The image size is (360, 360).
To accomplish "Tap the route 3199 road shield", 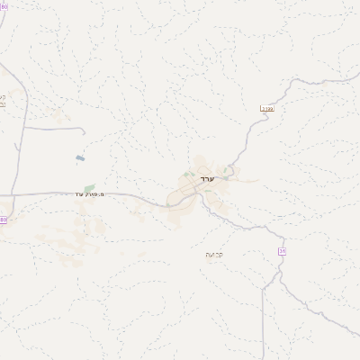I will point(267,109).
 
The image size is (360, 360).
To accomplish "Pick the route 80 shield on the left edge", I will point(3,219).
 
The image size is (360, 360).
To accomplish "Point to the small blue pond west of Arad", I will point(80,158).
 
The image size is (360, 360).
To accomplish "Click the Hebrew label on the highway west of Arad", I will point(89,193).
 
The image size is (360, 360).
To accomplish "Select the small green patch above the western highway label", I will point(90,186).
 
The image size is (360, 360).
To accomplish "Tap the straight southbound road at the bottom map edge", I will point(264,357).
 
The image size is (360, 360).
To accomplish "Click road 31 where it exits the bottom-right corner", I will point(357,335).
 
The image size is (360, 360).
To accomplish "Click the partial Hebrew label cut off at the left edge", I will point(3,101).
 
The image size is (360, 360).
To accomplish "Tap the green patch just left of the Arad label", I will point(187,175).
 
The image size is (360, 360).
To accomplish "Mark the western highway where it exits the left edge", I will point(1,194).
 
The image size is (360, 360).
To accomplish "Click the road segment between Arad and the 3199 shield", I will point(245,144).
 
